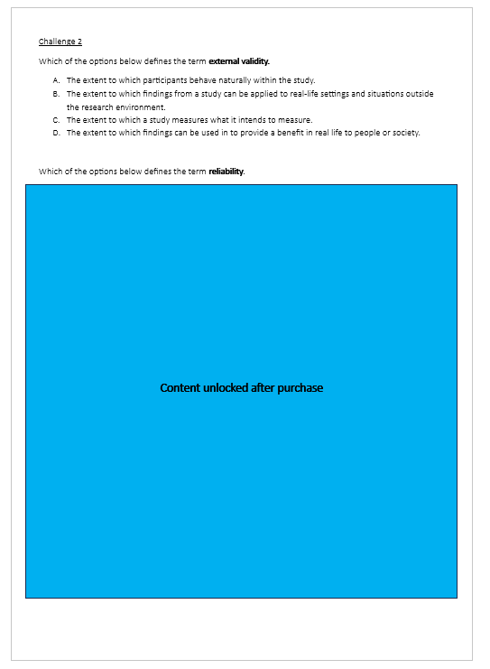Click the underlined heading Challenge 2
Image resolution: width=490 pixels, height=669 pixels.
click(x=60, y=42)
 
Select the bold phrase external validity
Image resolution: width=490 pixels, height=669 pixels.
click(x=239, y=61)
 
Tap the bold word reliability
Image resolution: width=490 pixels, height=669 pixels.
click(x=226, y=172)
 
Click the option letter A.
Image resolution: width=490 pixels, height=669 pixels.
click(x=56, y=80)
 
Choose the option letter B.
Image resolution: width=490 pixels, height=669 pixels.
click(x=56, y=94)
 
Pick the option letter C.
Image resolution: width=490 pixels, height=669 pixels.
click(x=56, y=120)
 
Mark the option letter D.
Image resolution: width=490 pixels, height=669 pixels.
click(x=56, y=133)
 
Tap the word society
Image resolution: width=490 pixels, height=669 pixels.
click(x=403, y=133)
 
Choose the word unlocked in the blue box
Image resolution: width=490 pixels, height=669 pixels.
click(x=229, y=388)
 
